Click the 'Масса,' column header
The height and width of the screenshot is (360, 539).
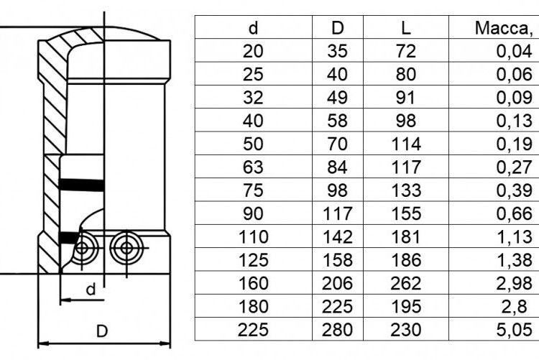point(504,28)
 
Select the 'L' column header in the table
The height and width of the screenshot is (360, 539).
point(406,28)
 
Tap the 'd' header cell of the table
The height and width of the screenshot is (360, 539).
point(254,28)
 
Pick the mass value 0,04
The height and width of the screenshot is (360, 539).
point(515,51)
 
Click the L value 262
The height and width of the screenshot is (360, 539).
point(405,283)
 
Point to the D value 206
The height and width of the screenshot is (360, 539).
point(337,283)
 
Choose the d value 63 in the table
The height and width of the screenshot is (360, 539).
point(253,167)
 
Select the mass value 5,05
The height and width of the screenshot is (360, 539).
point(515,330)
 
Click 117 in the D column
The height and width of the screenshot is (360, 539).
point(337,213)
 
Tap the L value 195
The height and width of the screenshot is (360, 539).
point(405,306)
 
